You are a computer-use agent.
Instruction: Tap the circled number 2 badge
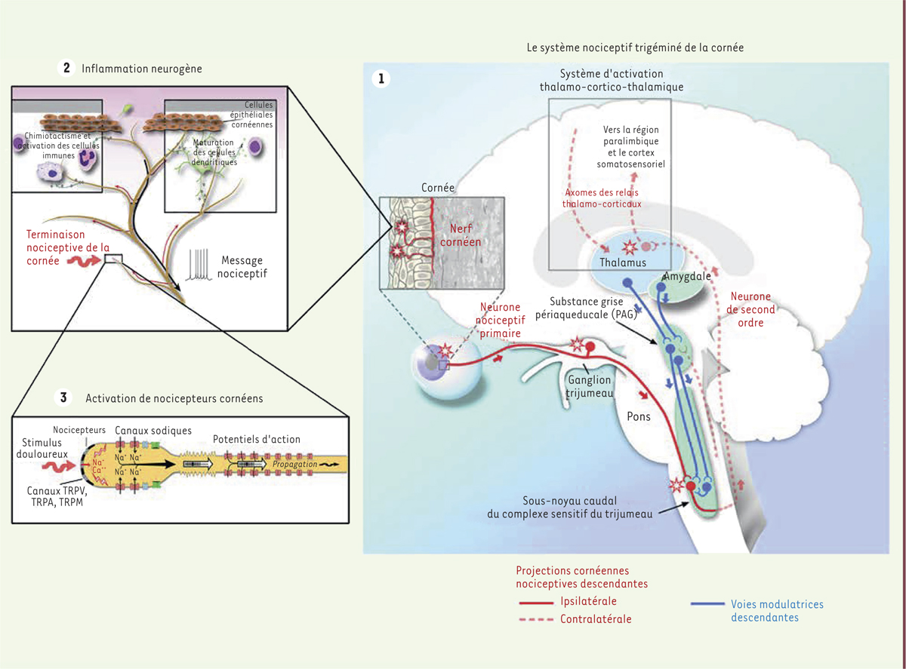(66, 68)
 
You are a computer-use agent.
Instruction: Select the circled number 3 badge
(65, 397)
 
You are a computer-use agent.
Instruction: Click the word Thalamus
(623, 262)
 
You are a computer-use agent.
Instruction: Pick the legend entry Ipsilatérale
(588, 601)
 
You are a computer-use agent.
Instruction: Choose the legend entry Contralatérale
(596, 619)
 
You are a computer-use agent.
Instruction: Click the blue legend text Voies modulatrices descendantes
(777, 611)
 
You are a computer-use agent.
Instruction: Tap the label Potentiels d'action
(256, 439)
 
